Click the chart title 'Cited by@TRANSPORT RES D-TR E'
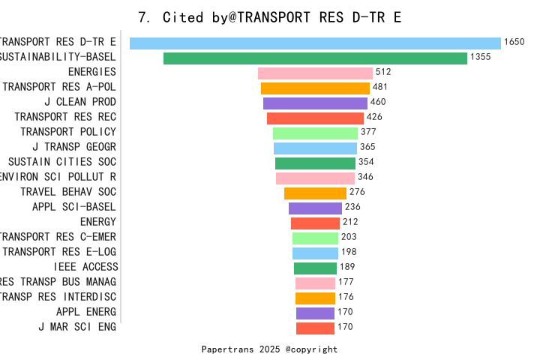click(x=270, y=17)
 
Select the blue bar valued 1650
click(x=315, y=43)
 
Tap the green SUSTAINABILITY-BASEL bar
click(x=315, y=58)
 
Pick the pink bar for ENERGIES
click(x=315, y=73)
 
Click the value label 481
click(x=380, y=88)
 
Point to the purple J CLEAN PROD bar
click(x=315, y=103)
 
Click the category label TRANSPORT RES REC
click(x=65, y=117)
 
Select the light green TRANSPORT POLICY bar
click(x=315, y=133)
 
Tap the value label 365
click(x=367, y=147)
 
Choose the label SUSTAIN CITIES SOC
click(x=62, y=162)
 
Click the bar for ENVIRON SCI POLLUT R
click(x=315, y=178)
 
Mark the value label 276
click(x=357, y=192)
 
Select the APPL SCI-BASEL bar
click(x=315, y=208)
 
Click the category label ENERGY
click(x=98, y=222)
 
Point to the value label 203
click(x=349, y=237)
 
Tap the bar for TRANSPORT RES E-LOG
click(x=315, y=253)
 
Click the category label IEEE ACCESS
click(x=85, y=267)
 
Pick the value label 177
click(x=346, y=282)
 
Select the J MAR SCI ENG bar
click(x=315, y=328)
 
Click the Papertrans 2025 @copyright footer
click(x=269, y=349)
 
